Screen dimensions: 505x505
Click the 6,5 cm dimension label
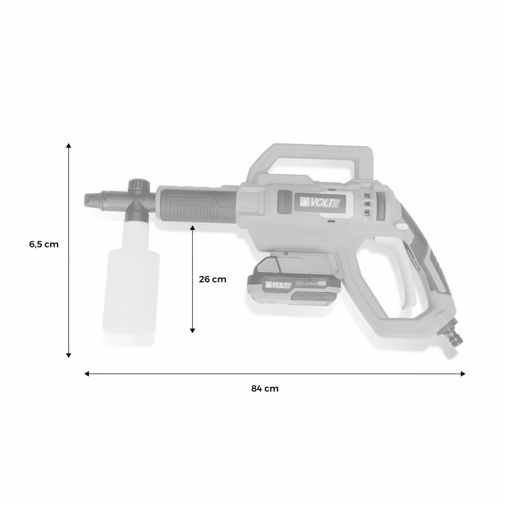44,244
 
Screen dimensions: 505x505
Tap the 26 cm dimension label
213,279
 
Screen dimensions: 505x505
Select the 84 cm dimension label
265,388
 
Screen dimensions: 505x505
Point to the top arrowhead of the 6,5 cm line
69,145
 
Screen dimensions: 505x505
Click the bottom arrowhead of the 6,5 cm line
69,355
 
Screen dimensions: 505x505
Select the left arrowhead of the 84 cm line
86,374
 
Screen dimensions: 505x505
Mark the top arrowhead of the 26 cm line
192,229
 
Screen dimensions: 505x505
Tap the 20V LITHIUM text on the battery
310,284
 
